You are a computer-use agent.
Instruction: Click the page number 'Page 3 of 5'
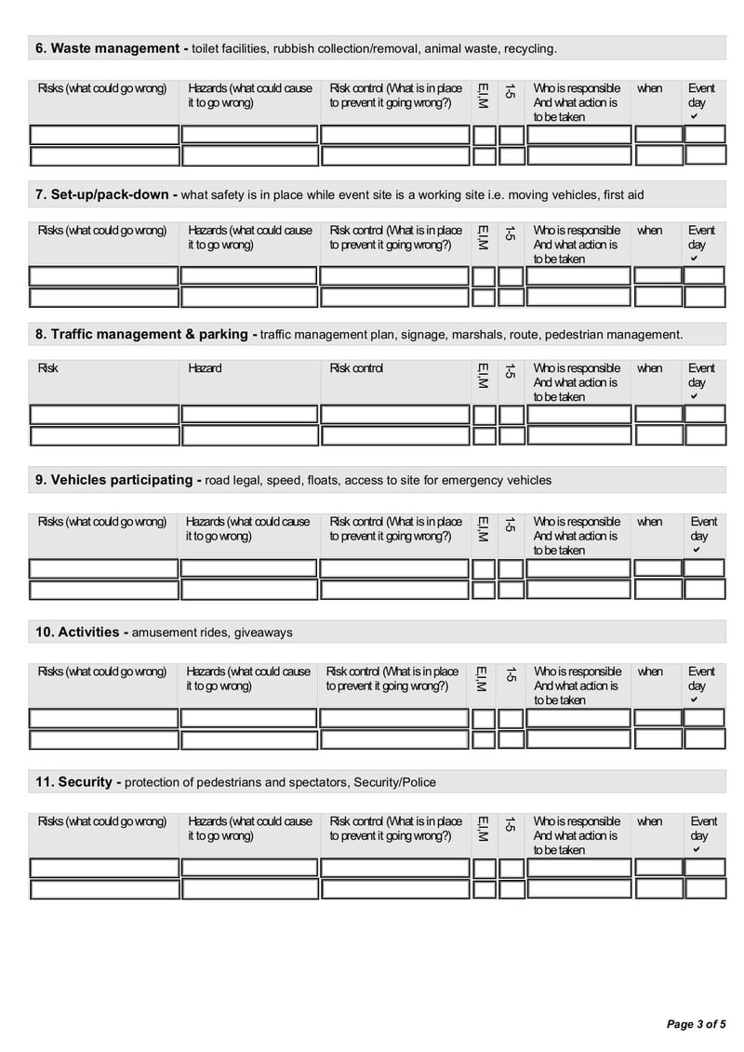697,1024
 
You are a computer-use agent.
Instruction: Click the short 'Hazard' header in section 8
205,368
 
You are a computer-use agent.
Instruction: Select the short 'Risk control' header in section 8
356,368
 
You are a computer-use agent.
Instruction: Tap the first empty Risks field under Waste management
104,135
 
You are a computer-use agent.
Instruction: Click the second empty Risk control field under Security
394,889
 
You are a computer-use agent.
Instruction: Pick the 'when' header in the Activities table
650,672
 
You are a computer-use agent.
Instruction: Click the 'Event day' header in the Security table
703,828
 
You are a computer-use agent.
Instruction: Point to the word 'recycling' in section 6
528,48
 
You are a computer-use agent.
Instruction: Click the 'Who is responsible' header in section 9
577,522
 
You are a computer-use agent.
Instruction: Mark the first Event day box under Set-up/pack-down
704,275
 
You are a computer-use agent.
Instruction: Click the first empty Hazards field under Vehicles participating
248,567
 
